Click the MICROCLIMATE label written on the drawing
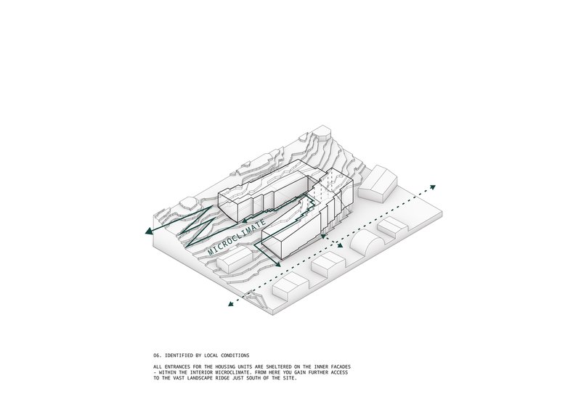point(237,237)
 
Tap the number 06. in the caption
point(157,356)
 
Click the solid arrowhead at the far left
point(149,231)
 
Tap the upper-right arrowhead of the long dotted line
point(432,187)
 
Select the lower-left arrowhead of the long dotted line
point(231,304)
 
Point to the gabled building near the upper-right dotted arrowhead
point(378,184)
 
